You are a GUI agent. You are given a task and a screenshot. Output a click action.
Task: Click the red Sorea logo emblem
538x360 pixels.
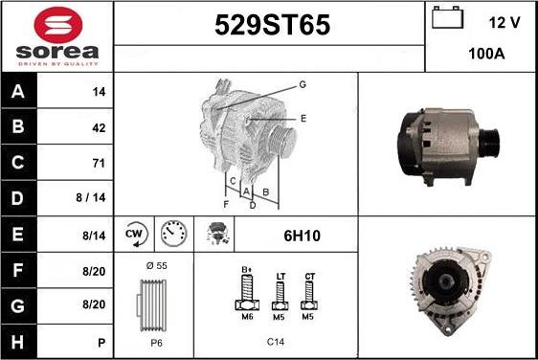[x=58, y=25]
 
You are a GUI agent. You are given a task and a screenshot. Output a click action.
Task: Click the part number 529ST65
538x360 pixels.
[x=273, y=25]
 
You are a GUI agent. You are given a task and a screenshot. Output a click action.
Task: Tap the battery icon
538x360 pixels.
[x=447, y=17]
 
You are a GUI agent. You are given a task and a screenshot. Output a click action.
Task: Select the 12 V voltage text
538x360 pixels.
[x=504, y=23]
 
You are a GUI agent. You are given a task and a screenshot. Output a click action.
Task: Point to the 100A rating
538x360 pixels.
[x=486, y=54]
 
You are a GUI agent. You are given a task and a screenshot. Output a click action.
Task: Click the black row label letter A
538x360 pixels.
[x=18, y=91]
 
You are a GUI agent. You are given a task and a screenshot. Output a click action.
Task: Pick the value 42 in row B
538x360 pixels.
[x=99, y=128]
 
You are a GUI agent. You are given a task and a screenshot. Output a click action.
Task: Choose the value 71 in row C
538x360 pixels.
[x=99, y=163]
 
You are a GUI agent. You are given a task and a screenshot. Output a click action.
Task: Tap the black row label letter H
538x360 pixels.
[x=17, y=342]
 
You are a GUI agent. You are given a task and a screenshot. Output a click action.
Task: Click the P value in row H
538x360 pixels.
[x=101, y=343]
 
